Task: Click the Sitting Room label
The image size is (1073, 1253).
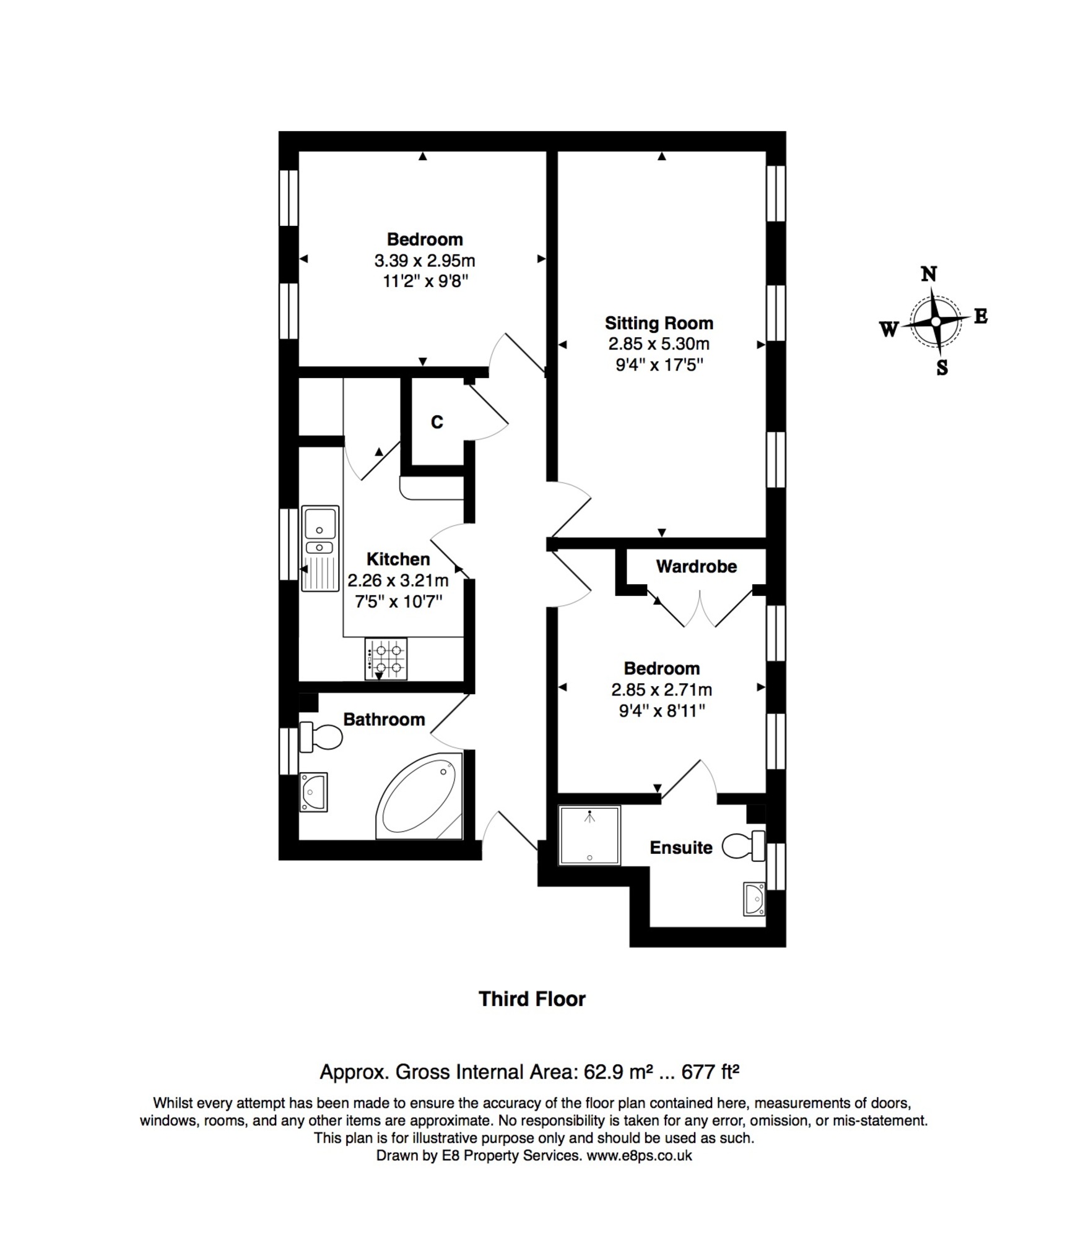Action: pos(659,323)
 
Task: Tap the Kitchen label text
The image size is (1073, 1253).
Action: pos(398,559)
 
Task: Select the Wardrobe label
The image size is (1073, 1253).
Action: pos(697,566)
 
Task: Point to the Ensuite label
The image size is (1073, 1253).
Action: pos(681,847)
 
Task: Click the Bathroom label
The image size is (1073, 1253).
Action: pos(384,719)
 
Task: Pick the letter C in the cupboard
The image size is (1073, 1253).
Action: pos(437,422)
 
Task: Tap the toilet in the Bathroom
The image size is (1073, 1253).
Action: pos(321,737)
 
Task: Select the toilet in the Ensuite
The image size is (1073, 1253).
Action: pos(743,846)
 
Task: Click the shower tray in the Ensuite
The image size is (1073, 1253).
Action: pos(589,835)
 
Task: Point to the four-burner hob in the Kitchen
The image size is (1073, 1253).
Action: pos(386,658)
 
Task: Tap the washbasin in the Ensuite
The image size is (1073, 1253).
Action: pos(754,899)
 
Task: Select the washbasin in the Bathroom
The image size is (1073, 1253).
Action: pos(313,792)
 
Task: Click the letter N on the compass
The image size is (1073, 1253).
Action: pos(929,273)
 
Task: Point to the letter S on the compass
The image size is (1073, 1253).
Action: pos(942,368)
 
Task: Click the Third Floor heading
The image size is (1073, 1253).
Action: pos(532,999)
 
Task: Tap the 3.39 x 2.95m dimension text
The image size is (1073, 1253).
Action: pos(425,261)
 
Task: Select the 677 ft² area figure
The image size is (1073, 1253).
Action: pos(710,1071)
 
